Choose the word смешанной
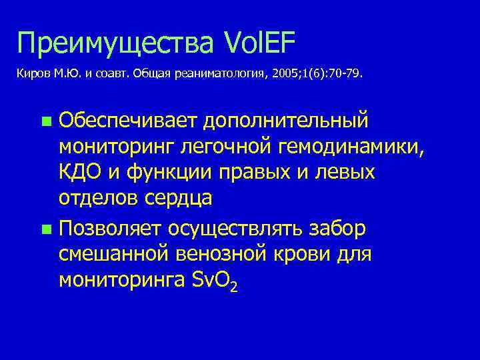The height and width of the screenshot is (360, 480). click(110, 255)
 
